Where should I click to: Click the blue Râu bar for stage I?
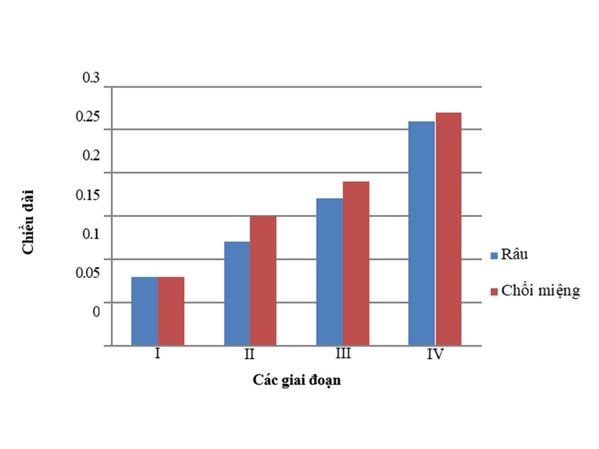144,311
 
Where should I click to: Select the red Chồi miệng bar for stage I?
171,311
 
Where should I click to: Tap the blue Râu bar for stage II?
236,293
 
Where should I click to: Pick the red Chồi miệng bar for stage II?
263,281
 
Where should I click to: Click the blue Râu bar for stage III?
329,272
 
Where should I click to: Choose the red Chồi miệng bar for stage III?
356,263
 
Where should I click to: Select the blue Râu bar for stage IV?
421,233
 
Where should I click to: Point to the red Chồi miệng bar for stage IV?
448,229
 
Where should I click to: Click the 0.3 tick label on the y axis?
91,78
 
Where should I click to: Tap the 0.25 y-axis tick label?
88,117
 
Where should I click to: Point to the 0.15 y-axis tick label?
88,195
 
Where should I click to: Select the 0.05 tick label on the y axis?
88,273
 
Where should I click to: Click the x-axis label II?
250,355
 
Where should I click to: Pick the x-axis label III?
343,354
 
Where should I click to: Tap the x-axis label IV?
435,355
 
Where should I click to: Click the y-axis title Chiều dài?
29,221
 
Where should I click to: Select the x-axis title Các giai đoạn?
297,380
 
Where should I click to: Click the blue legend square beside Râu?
495,255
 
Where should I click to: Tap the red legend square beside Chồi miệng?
495,291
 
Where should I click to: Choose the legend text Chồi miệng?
540,291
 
